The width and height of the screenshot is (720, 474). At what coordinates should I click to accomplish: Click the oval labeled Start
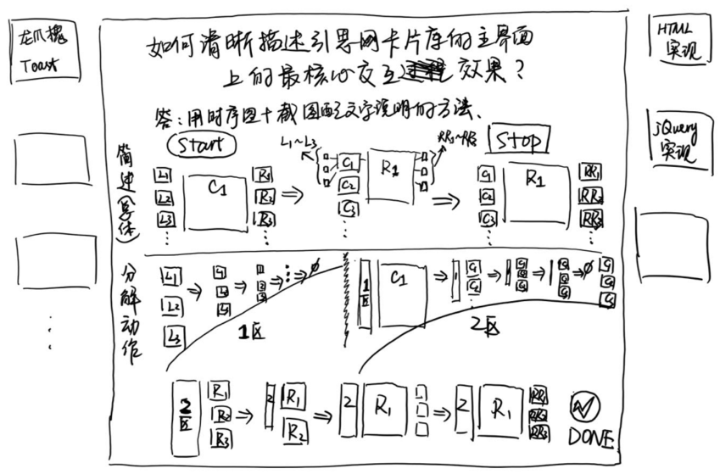coord(201,144)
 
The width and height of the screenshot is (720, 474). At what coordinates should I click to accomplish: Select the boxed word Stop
coord(518,141)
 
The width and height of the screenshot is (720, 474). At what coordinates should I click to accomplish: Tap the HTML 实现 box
coord(678,39)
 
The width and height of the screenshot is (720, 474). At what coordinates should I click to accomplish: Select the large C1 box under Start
coord(216,200)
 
